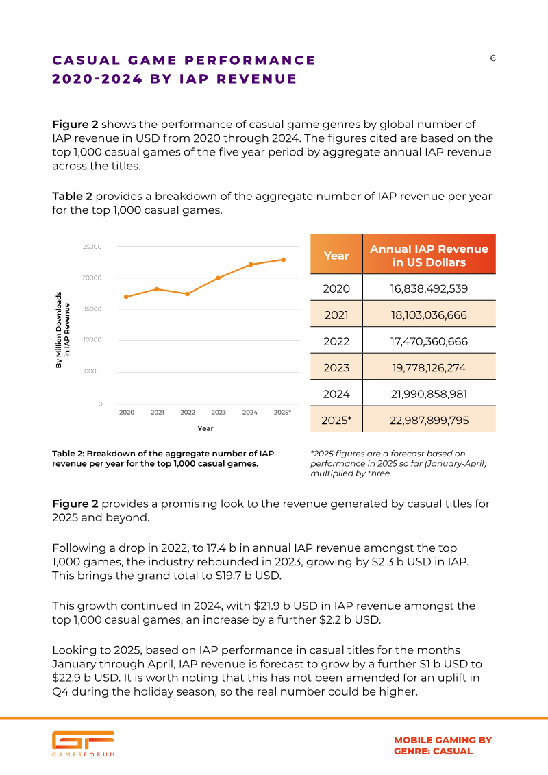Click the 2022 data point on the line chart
point(187,294)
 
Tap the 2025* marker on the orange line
point(284,260)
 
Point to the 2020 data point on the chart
point(127,297)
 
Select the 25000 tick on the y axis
point(92,247)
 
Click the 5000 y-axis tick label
point(88,371)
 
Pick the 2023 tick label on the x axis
point(219,413)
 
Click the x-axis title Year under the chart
point(206,428)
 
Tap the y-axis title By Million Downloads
point(59,330)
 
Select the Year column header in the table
point(336,256)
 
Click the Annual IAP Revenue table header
point(429,256)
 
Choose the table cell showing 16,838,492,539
point(429,288)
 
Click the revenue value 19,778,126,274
point(429,368)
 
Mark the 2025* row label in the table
point(336,421)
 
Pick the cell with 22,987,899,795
point(429,421)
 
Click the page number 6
point(493,58)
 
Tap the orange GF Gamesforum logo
point(83,743)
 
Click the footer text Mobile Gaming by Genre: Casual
point(443,746)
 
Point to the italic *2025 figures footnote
point(399,464)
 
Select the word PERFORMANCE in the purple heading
point(250,60)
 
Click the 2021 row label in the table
point(336,315)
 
